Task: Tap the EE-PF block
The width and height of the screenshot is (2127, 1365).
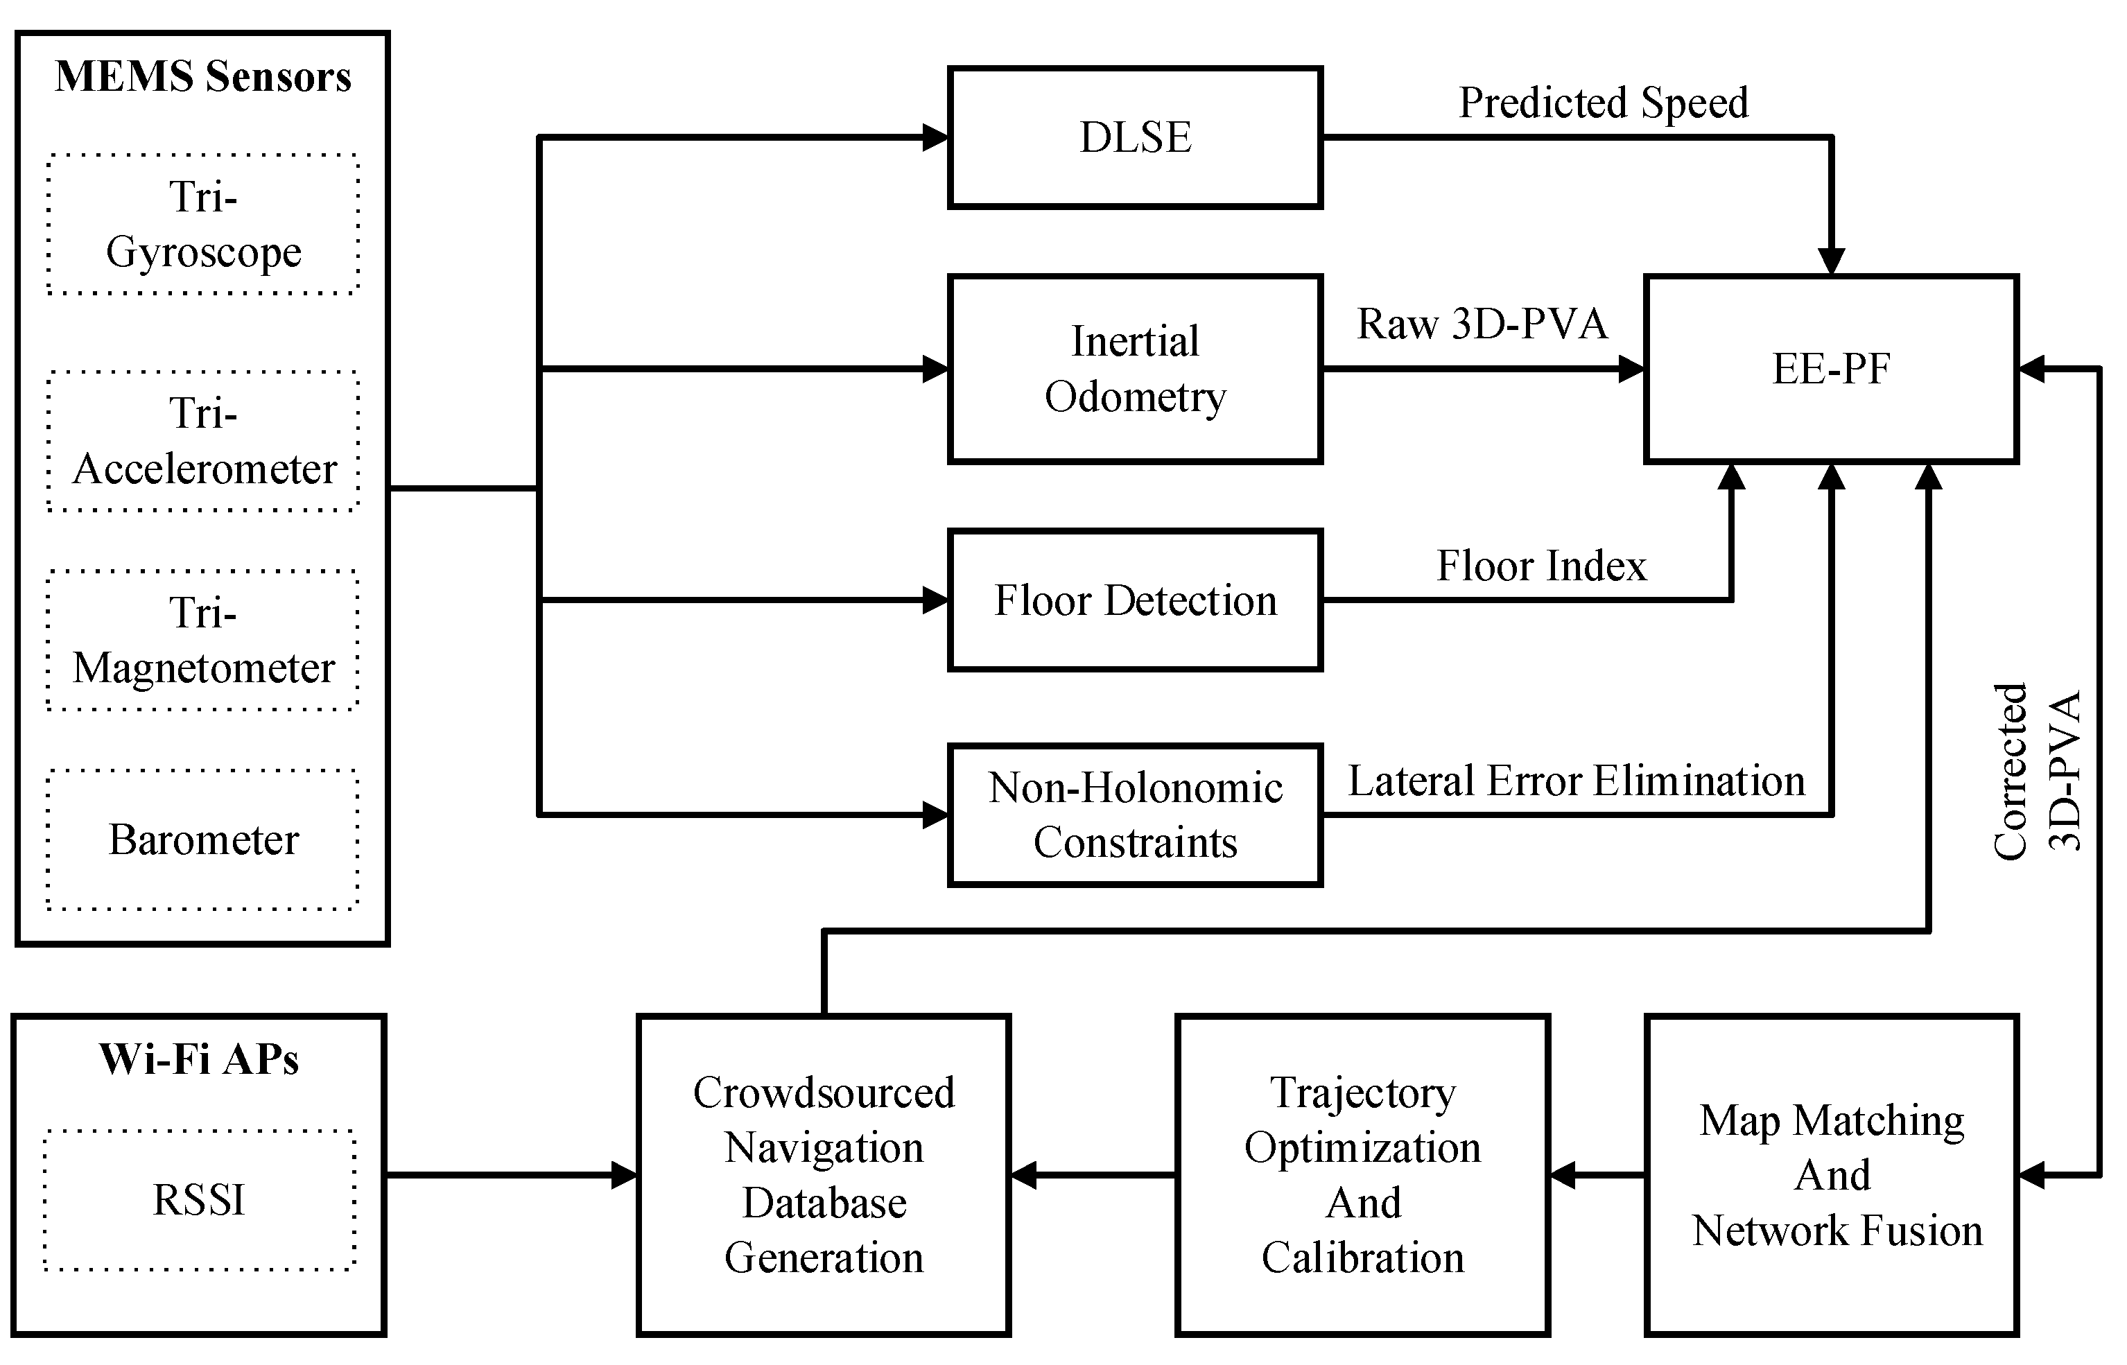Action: click(1831, 369)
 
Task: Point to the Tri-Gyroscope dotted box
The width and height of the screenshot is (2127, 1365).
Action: click(203, 223)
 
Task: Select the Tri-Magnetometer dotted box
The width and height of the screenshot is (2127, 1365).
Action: click(203, 640)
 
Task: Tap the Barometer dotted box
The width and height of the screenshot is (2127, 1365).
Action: click(203, 840)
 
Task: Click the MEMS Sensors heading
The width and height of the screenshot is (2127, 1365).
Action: click(203, 77)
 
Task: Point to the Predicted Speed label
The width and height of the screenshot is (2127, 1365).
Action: click(1604, 103)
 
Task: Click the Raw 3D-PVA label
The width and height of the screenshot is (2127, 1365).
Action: click(1482, 324)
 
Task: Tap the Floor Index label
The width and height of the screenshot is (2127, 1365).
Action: click(1541, 566)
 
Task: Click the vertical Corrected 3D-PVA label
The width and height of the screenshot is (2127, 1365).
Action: click(2037, 771)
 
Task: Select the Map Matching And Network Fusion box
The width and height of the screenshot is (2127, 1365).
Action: click(1831, 1175)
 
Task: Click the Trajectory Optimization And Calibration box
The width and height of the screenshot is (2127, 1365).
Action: click(1362, 1175)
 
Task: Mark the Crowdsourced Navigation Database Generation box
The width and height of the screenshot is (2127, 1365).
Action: click(824, 1175)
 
